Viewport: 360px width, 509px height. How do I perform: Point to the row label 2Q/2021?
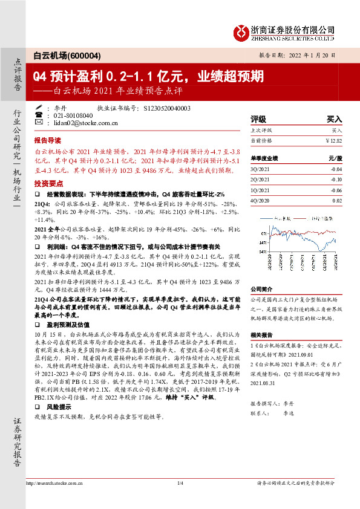(x=260, y=179)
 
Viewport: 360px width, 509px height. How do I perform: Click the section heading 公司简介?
(x=262, y=288)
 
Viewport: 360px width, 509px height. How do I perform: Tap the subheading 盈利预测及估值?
(x=65, y=323)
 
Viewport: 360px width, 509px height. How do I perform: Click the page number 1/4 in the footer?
(x=180, y=483)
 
